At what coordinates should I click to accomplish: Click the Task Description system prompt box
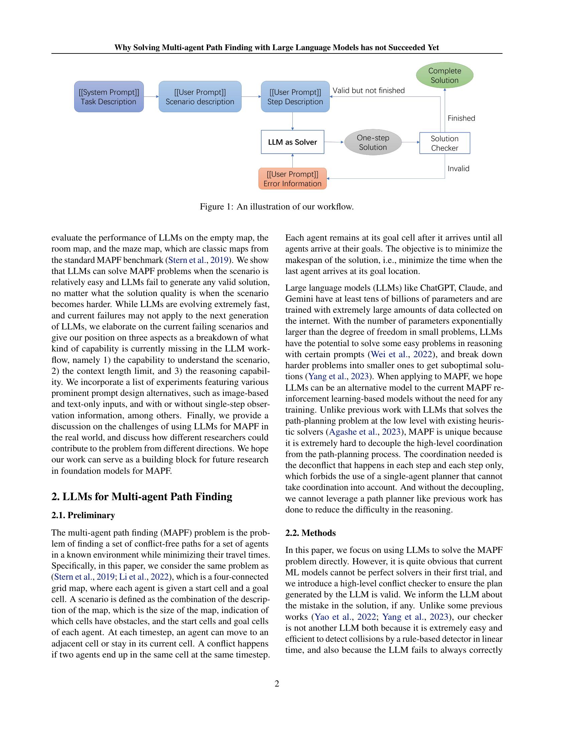(x=109, y=97)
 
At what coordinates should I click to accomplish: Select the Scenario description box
(x=200, y=97)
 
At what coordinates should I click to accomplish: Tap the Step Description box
(x=295, y=97)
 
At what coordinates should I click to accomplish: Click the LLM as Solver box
(x=292, y=142)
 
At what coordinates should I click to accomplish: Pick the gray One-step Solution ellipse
(x=373, y=142)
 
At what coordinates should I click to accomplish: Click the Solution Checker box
(x=444, y=143)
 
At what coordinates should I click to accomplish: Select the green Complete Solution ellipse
(x=444, y=76)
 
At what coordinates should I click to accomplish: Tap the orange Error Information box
(x=292, y=179)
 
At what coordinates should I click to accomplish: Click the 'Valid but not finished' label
(x=369, y=91)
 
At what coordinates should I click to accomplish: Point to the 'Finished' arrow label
(x=461, y=118)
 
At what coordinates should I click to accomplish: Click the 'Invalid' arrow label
(x=458, y=169)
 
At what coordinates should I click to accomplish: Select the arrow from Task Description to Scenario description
(x=151, y=97)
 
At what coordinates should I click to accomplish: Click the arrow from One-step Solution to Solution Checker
(x=411, y=142)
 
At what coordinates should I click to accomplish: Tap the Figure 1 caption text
(x=277, y=206)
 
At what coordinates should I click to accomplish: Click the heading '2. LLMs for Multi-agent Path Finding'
(x=142, y=497)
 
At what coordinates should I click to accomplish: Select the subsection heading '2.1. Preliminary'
(x=83, y=515)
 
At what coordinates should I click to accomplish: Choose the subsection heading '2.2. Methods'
(x=310, y=533)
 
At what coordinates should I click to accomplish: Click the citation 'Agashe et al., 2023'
(x=365, y=432)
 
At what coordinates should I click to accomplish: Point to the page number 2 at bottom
(x=277, y=684)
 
